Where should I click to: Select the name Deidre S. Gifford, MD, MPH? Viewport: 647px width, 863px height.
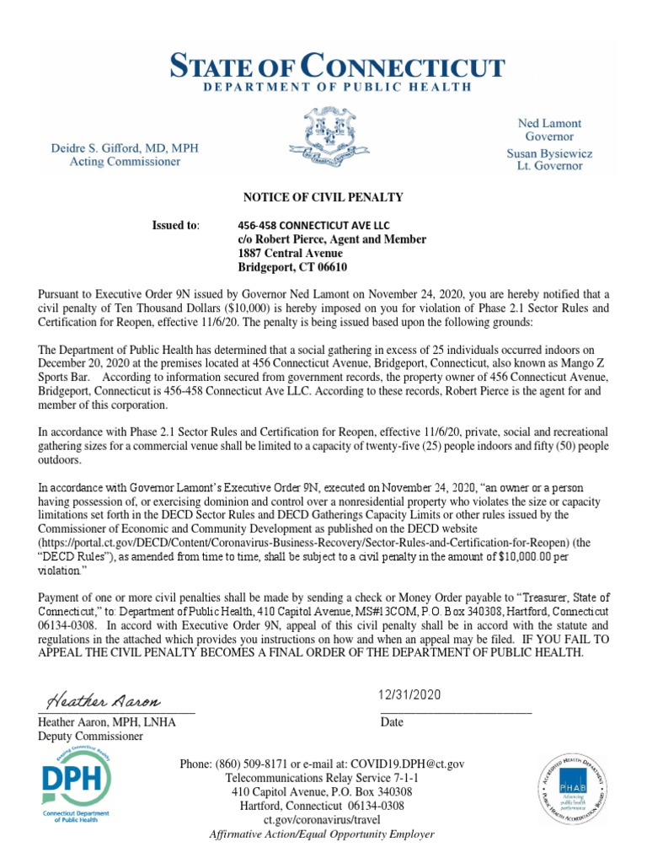tap(133, 147)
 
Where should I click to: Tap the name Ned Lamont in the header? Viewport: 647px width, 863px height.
tap(548, 123)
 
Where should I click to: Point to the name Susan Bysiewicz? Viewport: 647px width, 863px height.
tap(548, 153)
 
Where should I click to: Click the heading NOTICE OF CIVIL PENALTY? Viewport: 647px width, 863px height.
tap(323, 197)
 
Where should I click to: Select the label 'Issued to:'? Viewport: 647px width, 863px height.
tap(175, 226)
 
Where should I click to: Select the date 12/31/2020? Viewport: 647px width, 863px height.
tap(411, 695)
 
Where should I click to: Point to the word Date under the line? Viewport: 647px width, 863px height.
tap(392, 722)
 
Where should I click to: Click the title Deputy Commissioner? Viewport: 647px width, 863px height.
tap(90, 736)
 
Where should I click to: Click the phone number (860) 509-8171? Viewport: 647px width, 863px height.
tap(258, 764)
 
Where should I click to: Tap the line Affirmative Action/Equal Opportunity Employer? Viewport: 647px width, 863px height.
tap(322, 834)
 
